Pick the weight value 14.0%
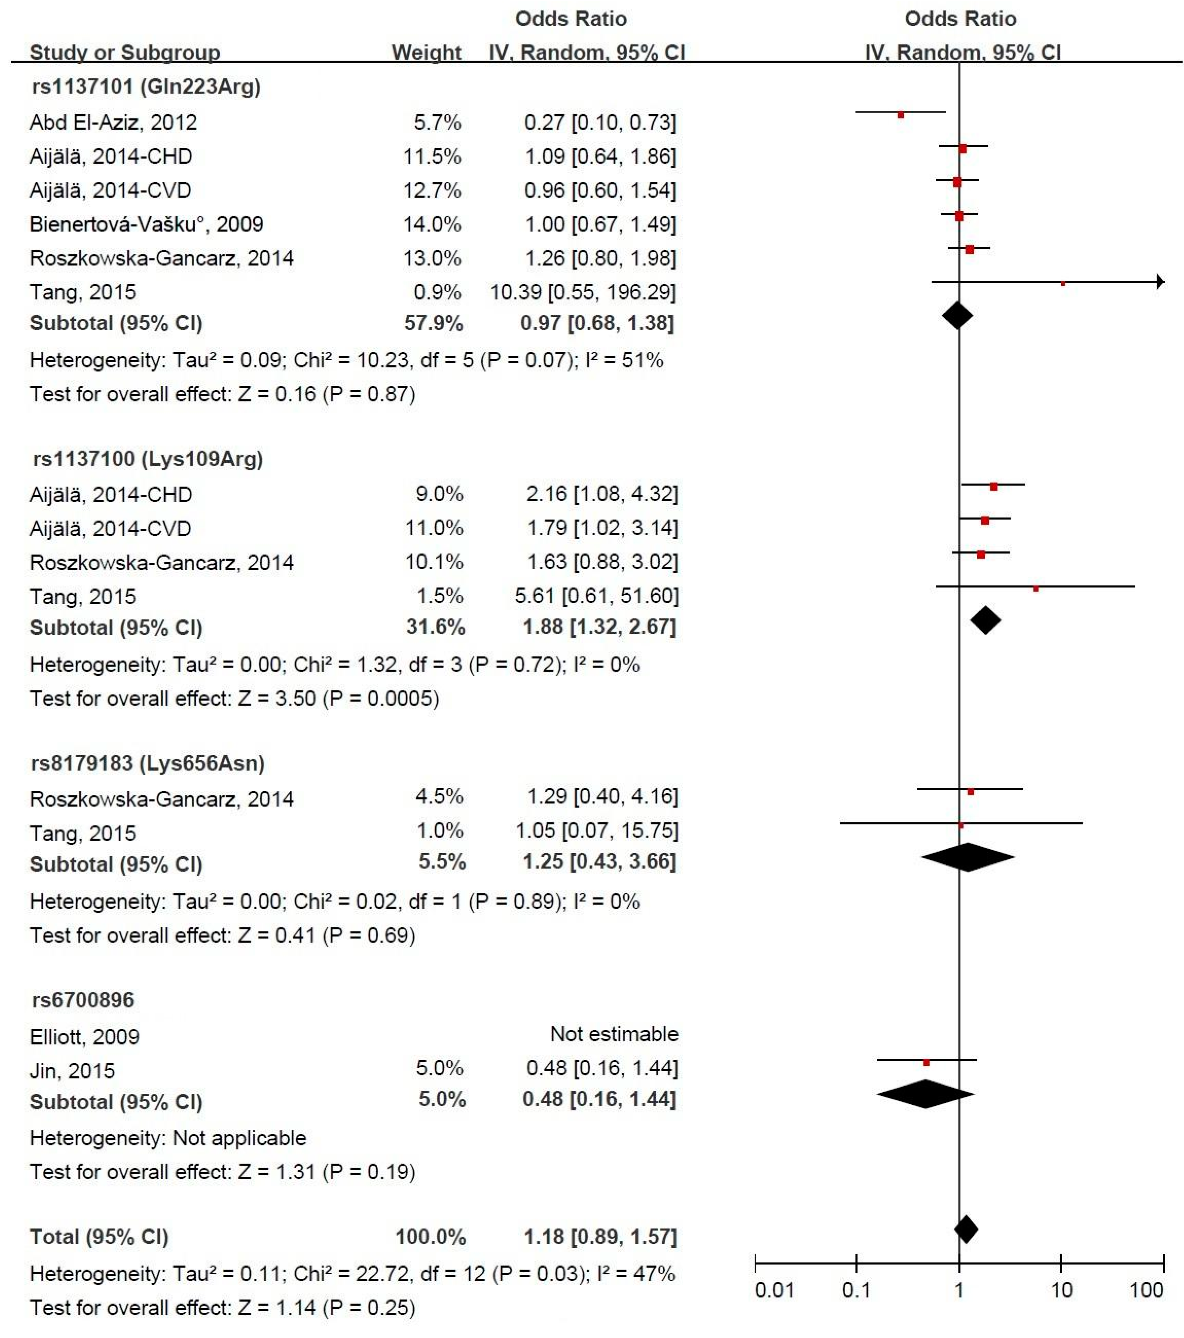(x=432, y=225)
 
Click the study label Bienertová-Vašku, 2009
(x=146, y=225)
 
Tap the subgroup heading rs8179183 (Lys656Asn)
(x=148, y=763)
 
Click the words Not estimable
(x=614, y=1034)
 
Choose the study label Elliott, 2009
(x=84, y=1037)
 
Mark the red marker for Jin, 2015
(x=926, y=1062)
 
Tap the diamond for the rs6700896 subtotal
(x=925, y=1094)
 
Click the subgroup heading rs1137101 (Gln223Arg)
(x=146, y=86)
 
